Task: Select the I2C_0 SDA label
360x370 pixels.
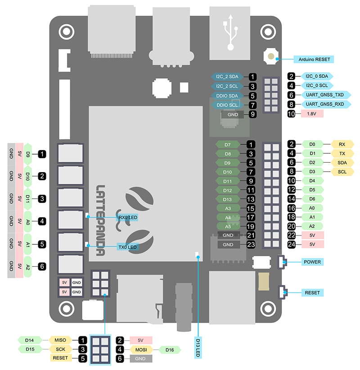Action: coord(316,76)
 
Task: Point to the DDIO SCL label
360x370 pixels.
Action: coord(227,105)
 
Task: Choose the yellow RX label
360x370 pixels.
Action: coord(342,144)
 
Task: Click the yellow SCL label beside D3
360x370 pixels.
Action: coord(342,172)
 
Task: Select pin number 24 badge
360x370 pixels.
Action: coord(292,244)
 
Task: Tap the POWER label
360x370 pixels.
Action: coord(312,262)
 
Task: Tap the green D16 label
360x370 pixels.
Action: coord(169,349)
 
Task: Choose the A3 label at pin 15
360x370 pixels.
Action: coord(228,208)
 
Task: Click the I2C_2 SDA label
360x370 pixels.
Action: coord(227,77)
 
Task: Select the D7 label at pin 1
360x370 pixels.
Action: coord(228,145)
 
